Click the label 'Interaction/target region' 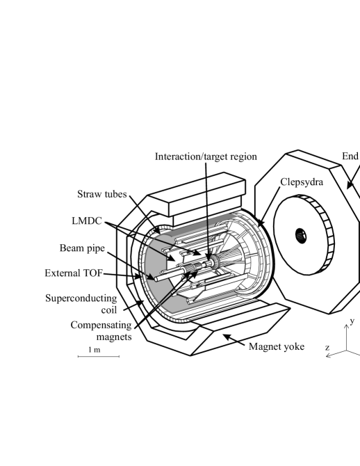[x=206, y=156]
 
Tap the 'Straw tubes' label [x=102, y=194]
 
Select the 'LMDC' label [x=87, y=220]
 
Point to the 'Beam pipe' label [x=82, y=248]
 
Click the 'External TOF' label [x=74, y=273]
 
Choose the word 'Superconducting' [x=81, y=298]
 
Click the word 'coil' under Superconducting [x=109, y=310]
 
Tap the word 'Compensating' [x=101, y=326]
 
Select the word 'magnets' [x=114, y=337]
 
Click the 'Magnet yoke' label [x=277, y=347]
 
